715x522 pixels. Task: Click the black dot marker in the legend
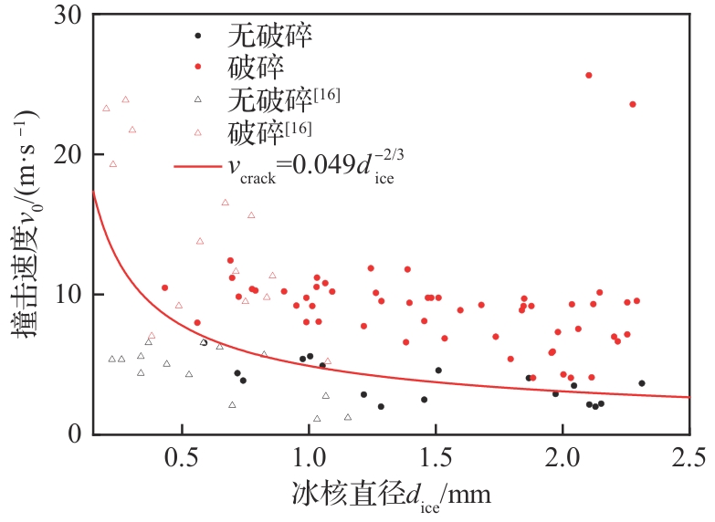tap(197, 37)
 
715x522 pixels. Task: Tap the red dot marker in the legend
tap(197, 68)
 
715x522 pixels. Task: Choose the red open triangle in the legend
tap(197, 132)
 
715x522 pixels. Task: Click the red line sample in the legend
tap(196, 167)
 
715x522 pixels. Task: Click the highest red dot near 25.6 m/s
tap(589, 75)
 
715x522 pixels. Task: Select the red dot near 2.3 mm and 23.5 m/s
tap(632, 104)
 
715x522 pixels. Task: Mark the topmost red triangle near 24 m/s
tap(125, 99)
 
